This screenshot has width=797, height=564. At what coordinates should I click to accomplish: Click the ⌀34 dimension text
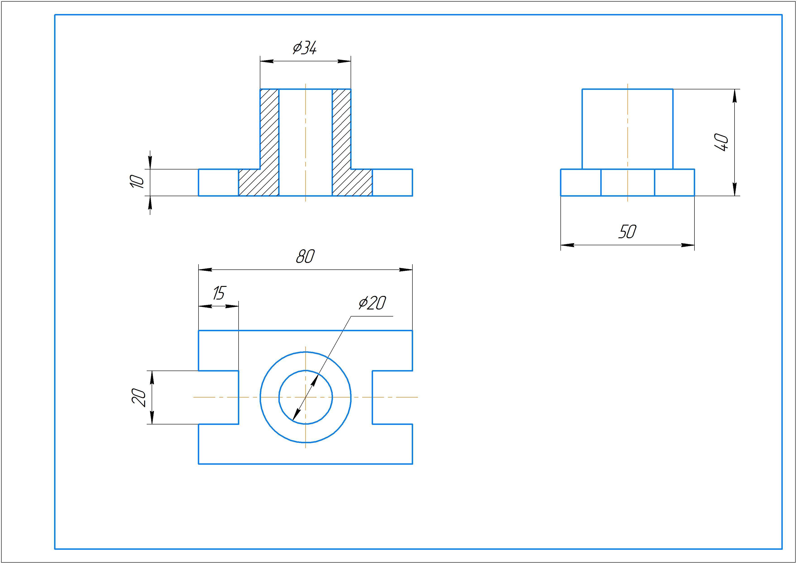tap(305, 48)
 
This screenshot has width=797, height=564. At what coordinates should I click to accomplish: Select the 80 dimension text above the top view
tap(305, 257)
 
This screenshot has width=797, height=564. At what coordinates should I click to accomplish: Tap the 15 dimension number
tap(219, 293)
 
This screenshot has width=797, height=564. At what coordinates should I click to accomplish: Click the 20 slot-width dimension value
tap(139, 398)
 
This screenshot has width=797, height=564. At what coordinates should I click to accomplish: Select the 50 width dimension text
tap(627, 232)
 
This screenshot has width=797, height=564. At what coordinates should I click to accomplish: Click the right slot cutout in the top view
tap(392, 397)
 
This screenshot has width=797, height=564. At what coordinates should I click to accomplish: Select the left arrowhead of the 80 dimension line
tap(205, 269)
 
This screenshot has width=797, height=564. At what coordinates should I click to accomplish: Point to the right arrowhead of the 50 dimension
tap(688, 245)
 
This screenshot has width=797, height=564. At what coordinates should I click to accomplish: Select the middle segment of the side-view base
tap(627, 183)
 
